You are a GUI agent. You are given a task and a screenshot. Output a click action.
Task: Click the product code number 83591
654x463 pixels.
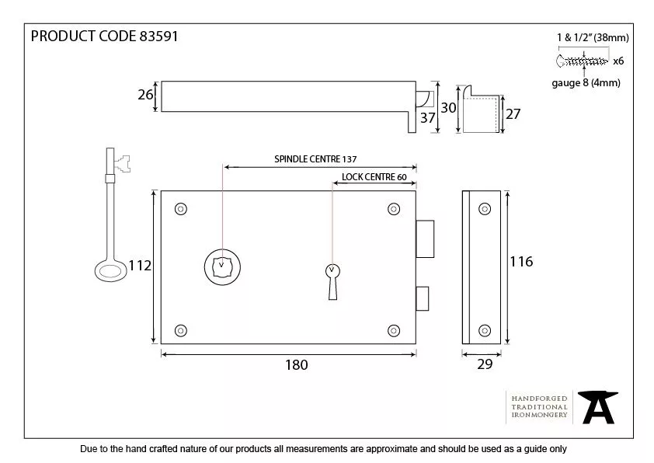[x=158, y=37]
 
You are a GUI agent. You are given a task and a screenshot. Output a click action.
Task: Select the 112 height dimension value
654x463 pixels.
[x=139, y=266]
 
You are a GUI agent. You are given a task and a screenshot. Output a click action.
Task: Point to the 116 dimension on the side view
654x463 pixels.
[x=521, y=262]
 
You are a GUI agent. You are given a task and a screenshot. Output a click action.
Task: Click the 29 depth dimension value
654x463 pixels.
[x=485, y=365]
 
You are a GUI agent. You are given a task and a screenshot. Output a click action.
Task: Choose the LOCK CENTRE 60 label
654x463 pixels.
[x=374, y=177]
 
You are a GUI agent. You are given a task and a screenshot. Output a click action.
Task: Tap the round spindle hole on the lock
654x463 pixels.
[x=221, y=266]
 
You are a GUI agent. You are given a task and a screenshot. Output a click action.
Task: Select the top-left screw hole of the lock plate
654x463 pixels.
[x=182, y=208]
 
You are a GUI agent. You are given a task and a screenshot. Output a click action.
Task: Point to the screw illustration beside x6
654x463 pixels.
[x=582, y=60]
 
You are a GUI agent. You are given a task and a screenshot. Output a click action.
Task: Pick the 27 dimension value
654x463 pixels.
[x=513, y=113]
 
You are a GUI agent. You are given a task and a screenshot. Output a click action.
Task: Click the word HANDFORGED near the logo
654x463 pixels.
[x=539, y=398]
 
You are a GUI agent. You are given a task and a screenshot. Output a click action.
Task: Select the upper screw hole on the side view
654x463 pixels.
[x=485, y=208]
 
